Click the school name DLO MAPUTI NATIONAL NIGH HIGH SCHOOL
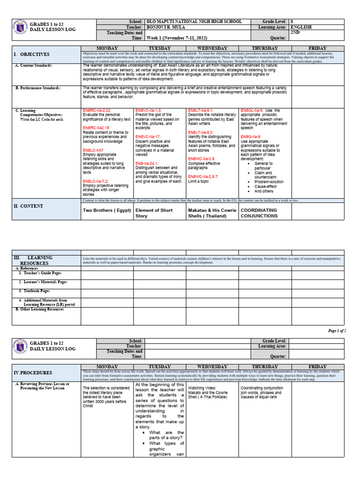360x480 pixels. point(194,22)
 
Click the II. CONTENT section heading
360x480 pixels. point(29,206)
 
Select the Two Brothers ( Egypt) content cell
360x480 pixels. point(106,210)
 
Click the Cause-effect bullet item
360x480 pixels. point(265,186)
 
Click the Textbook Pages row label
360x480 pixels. point(35,291)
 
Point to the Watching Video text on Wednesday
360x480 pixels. point(202,388)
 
